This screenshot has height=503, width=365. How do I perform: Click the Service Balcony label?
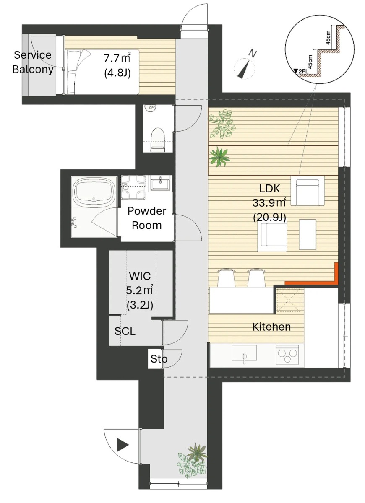pyautogui.click(x=33, y=62)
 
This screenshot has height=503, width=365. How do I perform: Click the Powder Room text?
pyautogui.click(x=147, y=218)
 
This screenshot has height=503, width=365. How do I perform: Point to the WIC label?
pyautogui.click(x=140, y=276)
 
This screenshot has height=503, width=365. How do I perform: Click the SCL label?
pyautogui.click(x=125, y=331)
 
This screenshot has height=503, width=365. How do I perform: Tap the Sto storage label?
pyautogui.click(x=159, y=359)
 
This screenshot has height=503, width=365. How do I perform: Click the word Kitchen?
pyautogui.click(x=271, y=327)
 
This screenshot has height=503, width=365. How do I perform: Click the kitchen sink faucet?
pyautogui.click(x=245, y=357)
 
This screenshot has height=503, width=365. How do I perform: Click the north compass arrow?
pyautogui.click(x=245, y=68)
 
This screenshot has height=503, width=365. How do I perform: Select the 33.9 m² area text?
pyautogui.click(x=269, y=203)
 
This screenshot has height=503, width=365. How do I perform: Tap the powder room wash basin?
pyautogui.click(x=160, y=183)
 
